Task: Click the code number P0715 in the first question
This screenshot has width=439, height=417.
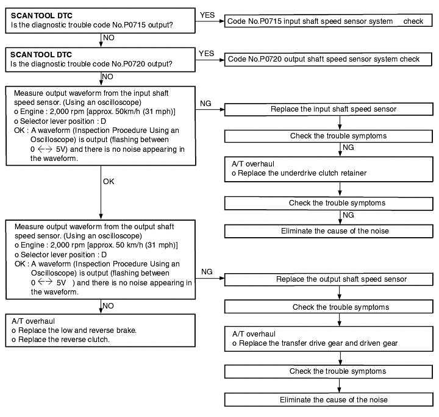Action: [x=135, y=25]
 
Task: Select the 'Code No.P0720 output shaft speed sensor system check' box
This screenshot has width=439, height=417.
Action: [x=328, y=59]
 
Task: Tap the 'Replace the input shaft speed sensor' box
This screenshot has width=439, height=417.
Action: [x=329, y=109]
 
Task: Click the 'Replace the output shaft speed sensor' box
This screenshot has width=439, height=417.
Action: [x=329, y=279]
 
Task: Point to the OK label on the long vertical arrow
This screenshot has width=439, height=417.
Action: [x=109, y=182]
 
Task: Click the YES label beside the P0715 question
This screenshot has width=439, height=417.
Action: [x=207, y=15]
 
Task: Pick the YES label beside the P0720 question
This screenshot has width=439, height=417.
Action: [x=206, y=54]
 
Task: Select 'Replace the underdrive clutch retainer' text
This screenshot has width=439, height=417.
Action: [x=302, y=173]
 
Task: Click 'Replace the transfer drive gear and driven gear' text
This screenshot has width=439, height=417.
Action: [x=318, y=343]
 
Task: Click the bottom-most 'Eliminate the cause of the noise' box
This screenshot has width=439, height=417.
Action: [x=329, y=400]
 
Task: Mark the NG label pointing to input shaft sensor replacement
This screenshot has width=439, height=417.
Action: [x=205, y=104]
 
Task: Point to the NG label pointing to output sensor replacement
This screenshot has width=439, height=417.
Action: [x=207, y=272]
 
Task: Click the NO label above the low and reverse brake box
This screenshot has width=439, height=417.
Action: [x=108, y=306]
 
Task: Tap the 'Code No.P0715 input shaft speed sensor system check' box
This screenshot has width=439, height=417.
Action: [x=329, y=21]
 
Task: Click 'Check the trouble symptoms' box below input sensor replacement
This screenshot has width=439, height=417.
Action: [x=329, y=136]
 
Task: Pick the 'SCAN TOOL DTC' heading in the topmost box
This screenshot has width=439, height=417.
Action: [x=41, y=16]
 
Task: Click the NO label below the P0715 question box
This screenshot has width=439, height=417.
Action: [x=109, y=38]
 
